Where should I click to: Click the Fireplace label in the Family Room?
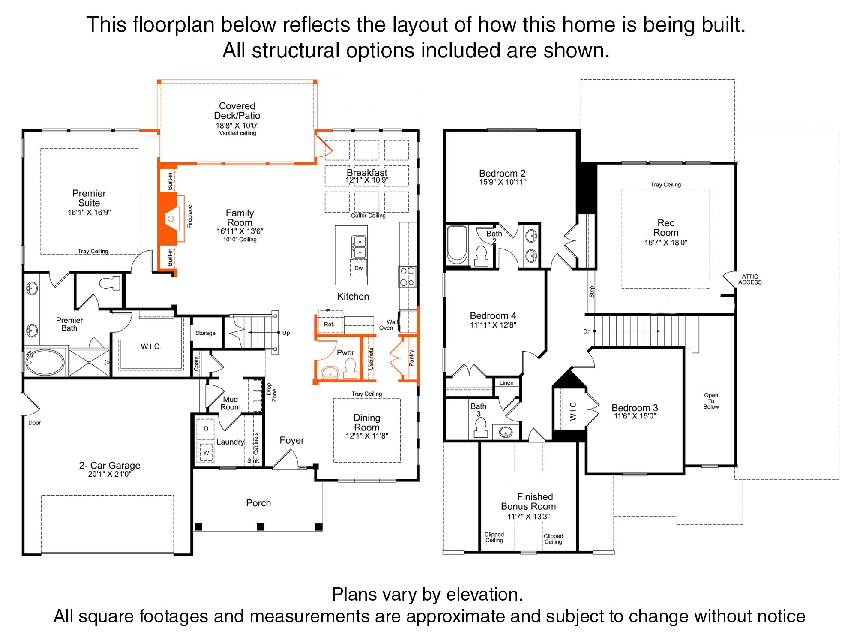coord(190,216)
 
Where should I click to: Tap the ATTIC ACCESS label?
coord(750,279)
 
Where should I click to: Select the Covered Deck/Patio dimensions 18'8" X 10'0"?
coord(237,126)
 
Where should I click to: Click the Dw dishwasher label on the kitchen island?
coord(359,268)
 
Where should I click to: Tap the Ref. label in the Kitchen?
coord(329,324)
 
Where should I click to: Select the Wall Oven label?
coord(389,325)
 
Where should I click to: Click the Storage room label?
coord(205,333)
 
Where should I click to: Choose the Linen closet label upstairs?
coord(506,383)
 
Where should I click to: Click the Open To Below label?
coord(711,401)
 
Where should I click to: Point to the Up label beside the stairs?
coord(286,333)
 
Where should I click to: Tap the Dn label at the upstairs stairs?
coord(587,331)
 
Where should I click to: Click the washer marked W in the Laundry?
coord(206,452)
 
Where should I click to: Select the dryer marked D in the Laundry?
coord(206,428)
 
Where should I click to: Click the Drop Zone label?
coord(272,392)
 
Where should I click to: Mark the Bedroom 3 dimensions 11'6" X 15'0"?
coord(635,416)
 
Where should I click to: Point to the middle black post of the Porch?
coord(261,526)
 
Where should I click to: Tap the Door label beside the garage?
coord(35,423)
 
